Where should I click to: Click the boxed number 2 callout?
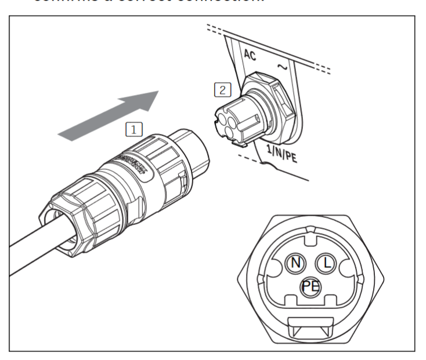coord(223,90)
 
